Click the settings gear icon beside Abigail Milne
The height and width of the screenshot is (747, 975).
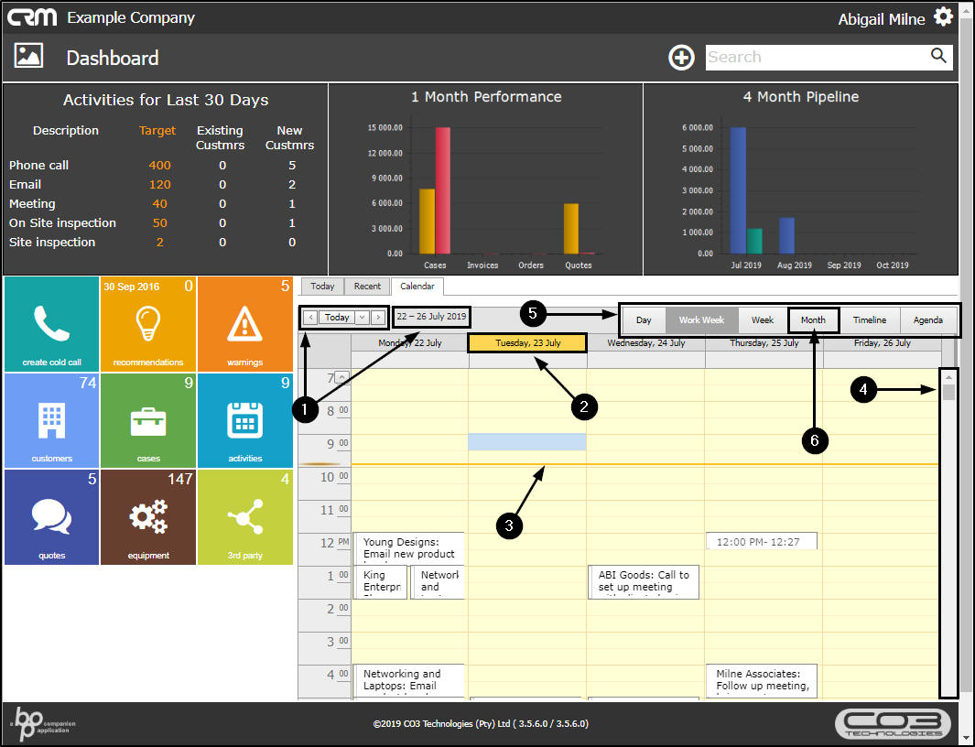[x=943, y=17]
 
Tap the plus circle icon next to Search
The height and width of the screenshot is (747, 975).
[x=681, y=58]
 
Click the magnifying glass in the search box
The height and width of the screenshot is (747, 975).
[x=938, y=57]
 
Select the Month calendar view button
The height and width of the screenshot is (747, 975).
[x=813, y=320]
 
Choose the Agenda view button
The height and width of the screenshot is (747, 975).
[x=928, y=320]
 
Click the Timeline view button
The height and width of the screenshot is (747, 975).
[x=870, y=320]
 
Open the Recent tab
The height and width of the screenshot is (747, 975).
[x=367, y=287]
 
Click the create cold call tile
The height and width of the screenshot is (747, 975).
[x=51, y=323]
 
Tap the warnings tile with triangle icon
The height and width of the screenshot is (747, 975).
[x=244, y=323]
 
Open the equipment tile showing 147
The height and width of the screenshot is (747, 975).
[x=148, y=517]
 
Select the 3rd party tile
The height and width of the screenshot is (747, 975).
[x=244, y=517]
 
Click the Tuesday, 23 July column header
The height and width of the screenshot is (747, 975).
[x=527, y=343]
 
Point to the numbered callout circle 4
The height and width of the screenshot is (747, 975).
[x=861, y=390]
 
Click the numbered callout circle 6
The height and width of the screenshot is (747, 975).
[x=814, y=440]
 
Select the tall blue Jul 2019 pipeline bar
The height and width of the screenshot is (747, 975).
[x=737, y=190]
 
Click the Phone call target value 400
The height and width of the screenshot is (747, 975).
[x=160, y=166]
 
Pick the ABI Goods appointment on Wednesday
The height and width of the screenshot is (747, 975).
[x=644, y=582]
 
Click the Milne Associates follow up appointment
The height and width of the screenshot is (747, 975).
[x=762, y=681]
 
